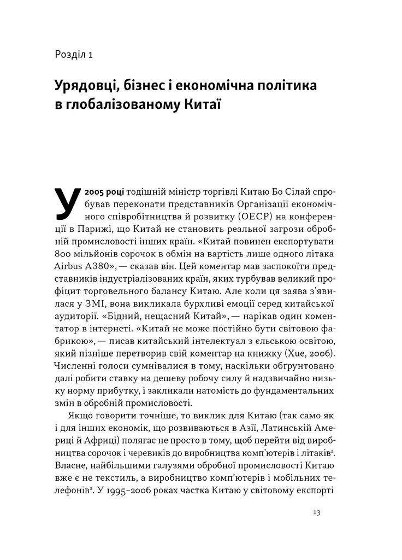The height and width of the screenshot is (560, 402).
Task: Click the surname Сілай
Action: point(287,191)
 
